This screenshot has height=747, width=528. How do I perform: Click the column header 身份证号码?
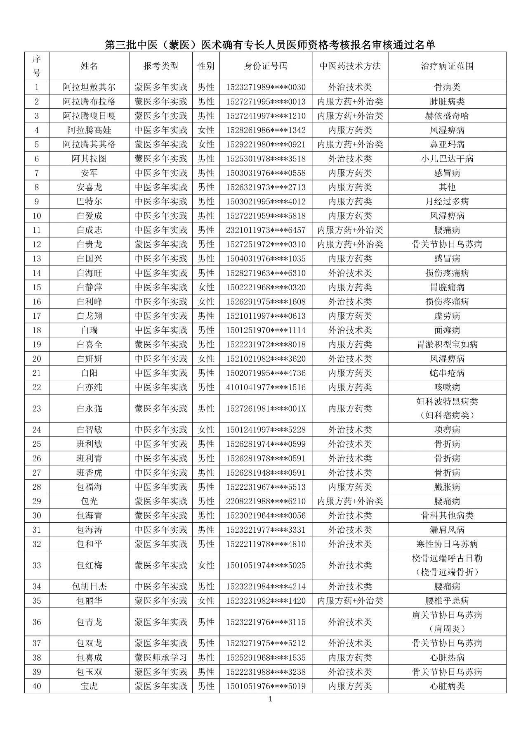pyautogui.click(x=266, y=66)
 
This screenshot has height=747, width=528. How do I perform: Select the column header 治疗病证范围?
pyautogui.click(x=447, y=66)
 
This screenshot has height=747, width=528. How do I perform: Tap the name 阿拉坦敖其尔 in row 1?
pyautogui.click(x=89, y=87)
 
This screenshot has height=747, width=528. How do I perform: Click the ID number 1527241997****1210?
pyautogui.click(x=266, y=116)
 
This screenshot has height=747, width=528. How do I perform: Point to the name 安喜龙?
pyautogui.click(x=89, y=187)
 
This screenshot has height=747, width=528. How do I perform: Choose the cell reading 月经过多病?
pyautogui.click(x=447, y=202)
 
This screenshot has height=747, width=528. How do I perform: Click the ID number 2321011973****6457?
pyautogui.click(x=266, y=230)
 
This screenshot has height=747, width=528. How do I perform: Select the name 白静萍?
pyautogui.click(x=89, y=287)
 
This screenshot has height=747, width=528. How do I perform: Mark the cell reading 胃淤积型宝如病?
pyautogui.click(x=447, y=344)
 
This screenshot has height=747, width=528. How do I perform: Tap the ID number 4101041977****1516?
pyautogui.click(x=266, y=387)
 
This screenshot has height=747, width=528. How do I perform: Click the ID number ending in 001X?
pyautogui.click(x=266, y=408)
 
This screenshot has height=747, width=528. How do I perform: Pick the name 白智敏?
pyautogui.click(x=89, y=430)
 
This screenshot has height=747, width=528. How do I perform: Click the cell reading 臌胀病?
pyautogui.click(x=447, y=487)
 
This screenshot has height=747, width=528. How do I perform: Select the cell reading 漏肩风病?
pyautogui.click(x=447, y=530)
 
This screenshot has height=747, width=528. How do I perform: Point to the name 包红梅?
pyautogui.click(x=89, y=565)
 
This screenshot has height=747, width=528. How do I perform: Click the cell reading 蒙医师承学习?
pyautogui.click(x=161, y=657)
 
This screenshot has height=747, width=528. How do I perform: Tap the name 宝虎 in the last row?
pyautogui.click(x=89, y=686)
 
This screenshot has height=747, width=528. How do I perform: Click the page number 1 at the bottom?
pyautogui.click(x=270, y=699)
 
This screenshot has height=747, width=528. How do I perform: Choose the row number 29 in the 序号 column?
pyautogui.click(x=37, y=501)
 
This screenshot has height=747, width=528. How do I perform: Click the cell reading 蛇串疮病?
pyautogui.click(x=447, y=373)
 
